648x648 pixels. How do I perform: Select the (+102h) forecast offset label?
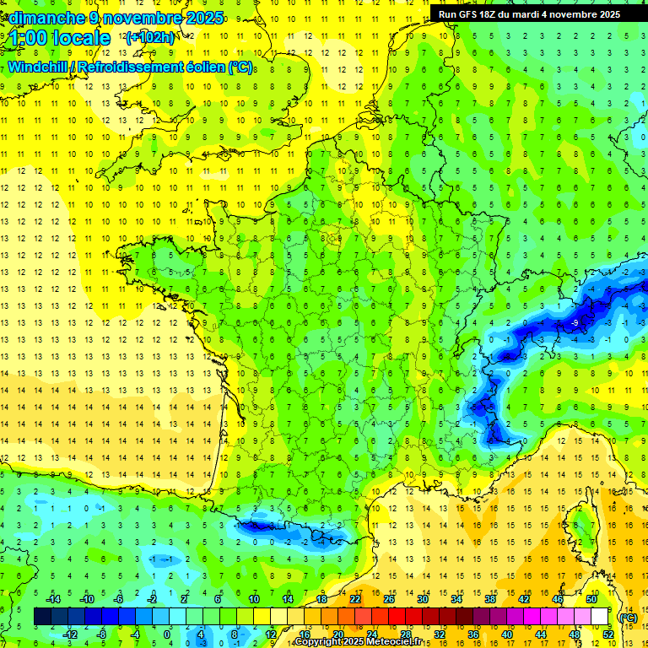coord(149,37)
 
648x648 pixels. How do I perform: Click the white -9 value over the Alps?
coord(574,323)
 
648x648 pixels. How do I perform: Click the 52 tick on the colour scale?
coord(609,634)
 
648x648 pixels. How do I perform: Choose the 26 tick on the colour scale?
coord(388,598)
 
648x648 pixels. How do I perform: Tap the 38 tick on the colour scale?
coord(489,598)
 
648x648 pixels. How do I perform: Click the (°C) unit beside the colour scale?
coord(628,617)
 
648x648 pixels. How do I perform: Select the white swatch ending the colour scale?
coord(600,616)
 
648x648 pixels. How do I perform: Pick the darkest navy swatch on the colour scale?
coord(42,616)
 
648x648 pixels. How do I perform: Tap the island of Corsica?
coord(582,527)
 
